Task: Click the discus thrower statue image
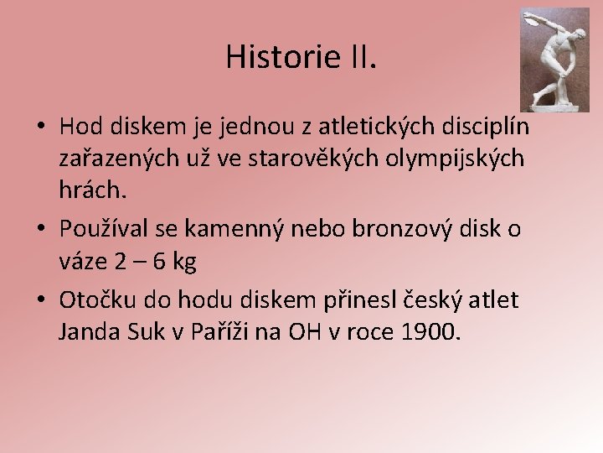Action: tap(554, 60)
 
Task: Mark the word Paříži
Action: tap(228, 332)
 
